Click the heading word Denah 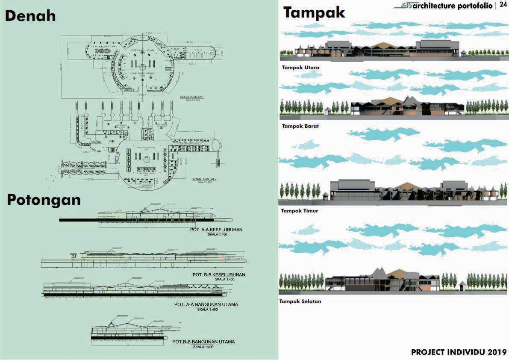click(30, 16)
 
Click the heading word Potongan click(44, 200)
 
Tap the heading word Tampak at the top click(314, 13)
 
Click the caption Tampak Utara click(300, 68)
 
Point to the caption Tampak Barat click(300, 127)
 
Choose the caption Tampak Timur click(300, 211)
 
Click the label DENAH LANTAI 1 click(192, 97)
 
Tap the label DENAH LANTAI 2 click(204, 179)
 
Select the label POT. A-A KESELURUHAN click(216, 230)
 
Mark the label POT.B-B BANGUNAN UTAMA click(203, 342)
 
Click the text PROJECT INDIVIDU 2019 click(459, 352)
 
